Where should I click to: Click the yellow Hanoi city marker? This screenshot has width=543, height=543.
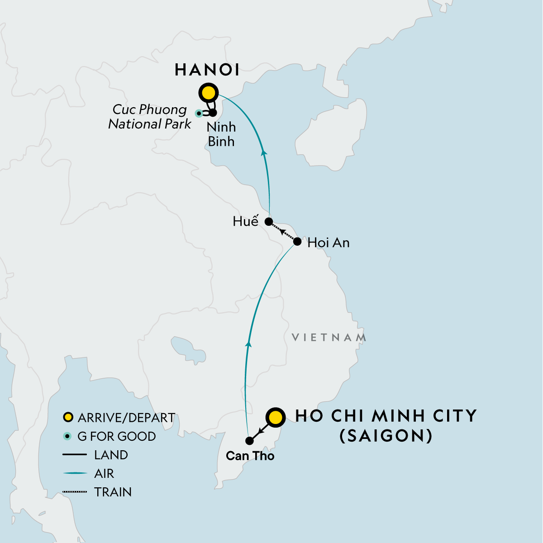[209, 93]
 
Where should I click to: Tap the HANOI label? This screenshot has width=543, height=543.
[207, 70]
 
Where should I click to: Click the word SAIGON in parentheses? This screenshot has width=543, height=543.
[386, 435]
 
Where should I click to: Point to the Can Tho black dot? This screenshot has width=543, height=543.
[249, 440]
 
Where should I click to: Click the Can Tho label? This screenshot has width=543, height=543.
[250, 456]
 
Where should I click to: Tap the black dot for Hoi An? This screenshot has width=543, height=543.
[297, 242]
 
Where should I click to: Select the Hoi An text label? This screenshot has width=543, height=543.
[329, 243]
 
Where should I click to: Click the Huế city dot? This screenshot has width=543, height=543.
[268, 222]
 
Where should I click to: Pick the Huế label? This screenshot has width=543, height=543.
[245, 221]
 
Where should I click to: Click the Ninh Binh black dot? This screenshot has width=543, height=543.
[213, 112]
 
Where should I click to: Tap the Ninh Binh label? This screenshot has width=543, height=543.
[221, 134]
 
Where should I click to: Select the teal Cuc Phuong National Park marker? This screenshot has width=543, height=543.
[198, 113]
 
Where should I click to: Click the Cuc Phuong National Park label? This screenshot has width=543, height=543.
[149, 117]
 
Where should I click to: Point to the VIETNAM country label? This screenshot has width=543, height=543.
[329, 338]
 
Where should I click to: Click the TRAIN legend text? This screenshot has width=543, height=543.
[113, 492]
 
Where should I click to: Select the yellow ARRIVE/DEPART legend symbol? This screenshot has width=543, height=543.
[68, 417]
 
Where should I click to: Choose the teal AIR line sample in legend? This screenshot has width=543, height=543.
[75, 473]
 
